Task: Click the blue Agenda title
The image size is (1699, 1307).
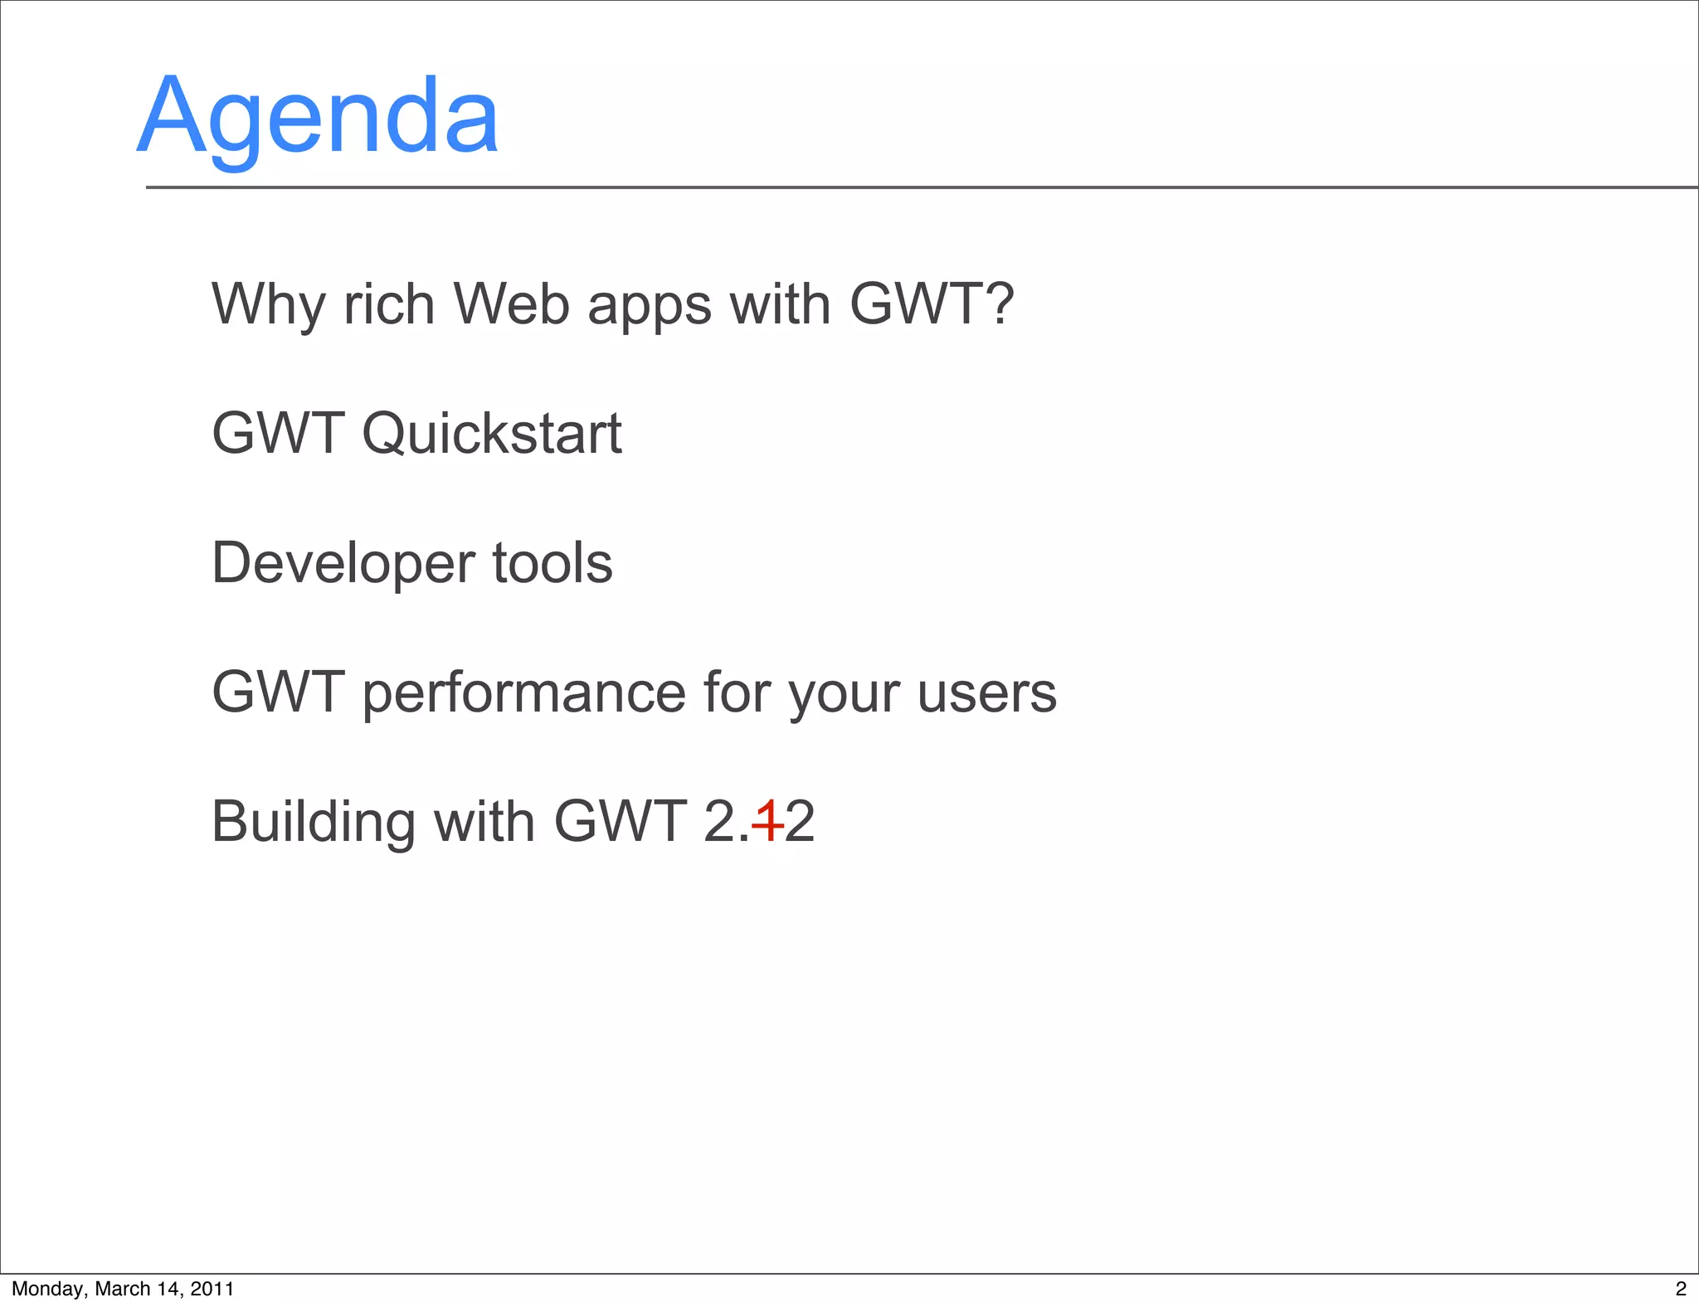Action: tap(318, 116)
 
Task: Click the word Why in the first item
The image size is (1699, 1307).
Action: tap(268, 304)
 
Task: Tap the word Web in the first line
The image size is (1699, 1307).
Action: tap(512, 304)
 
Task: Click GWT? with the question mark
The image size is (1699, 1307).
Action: tap(931, 304)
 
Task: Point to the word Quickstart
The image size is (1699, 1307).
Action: tap(491, 435)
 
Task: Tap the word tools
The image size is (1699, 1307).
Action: tap(553, 563)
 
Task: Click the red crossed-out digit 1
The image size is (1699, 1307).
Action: tap(768, 822)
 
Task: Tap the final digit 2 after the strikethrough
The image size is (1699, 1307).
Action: tap(800, 822)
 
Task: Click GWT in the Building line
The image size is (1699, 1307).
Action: tap(619, 822)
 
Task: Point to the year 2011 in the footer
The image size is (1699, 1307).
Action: tap(212, 1289)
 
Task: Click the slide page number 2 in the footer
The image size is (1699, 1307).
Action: tap(1681, 1289)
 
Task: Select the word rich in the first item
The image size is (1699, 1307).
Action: tap(389, 304)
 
